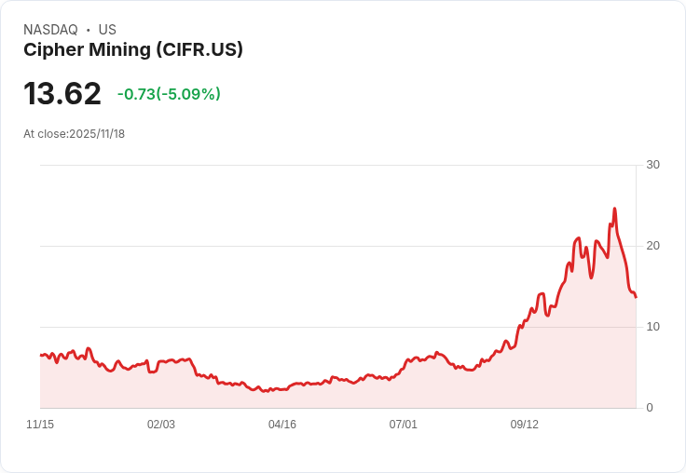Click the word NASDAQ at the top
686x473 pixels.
click(x=50, y=30)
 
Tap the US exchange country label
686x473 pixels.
click(x=107, y=30)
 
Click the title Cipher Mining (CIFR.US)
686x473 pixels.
click(x=133, y=50)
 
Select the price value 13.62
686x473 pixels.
click(x=62, y=94)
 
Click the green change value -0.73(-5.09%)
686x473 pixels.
click(x=169, y=94)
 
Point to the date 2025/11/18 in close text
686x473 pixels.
click(x=97, y=134)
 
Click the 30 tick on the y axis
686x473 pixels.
click(x=652, y=165)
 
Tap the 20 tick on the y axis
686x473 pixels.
click(x=652, y=246)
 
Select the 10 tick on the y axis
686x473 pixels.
click(x=652, y=327)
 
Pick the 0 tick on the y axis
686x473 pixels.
click(x=650, y=408)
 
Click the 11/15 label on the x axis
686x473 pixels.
click(x=40, y=425)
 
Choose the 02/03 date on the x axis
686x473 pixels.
click(x=161, y=425)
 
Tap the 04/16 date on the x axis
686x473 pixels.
click(x=282, y=425)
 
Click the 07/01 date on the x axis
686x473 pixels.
click(x=403, y=425)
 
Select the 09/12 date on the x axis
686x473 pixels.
click(x=524, y=425)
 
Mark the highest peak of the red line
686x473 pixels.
click(x=614, y=209)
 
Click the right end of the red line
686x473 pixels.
click(x=636, y=297)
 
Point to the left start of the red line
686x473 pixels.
click(x=41, y=355)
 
